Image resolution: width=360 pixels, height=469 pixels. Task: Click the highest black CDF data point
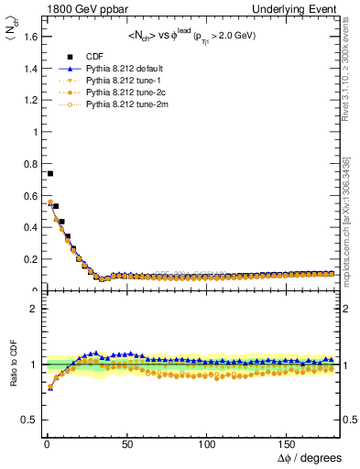click(49, 173)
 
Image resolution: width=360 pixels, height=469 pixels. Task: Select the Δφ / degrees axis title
click(309, 457)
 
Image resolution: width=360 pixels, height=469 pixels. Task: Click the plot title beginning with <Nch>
click(192, 37)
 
